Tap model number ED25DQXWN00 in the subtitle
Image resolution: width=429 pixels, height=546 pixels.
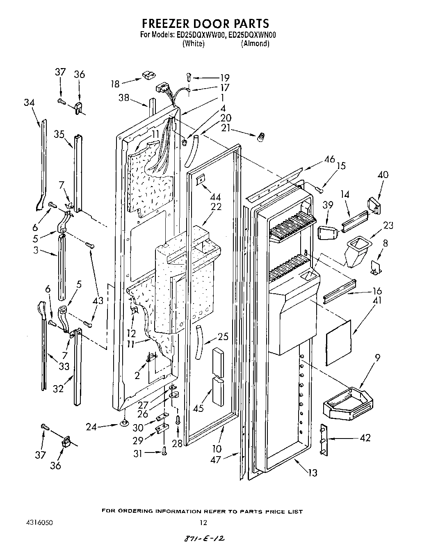[x=252, y=35]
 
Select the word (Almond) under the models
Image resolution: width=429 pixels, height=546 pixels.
[x=255, y=43]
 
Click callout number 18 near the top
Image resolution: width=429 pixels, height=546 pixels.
[x=115, y=84]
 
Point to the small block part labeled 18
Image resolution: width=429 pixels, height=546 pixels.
[x=147, y=75]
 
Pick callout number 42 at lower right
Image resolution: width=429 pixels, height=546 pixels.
[x=365, y=438]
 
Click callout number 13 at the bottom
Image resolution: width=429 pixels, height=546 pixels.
[x=313, y=473]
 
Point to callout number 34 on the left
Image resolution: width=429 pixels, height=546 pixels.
[x=29, y=102]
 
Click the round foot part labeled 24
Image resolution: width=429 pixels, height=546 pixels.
[x=123, y=423]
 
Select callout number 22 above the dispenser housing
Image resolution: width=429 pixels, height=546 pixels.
[x=216, y=206]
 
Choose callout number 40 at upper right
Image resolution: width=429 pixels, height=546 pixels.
[x=383, y=175]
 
